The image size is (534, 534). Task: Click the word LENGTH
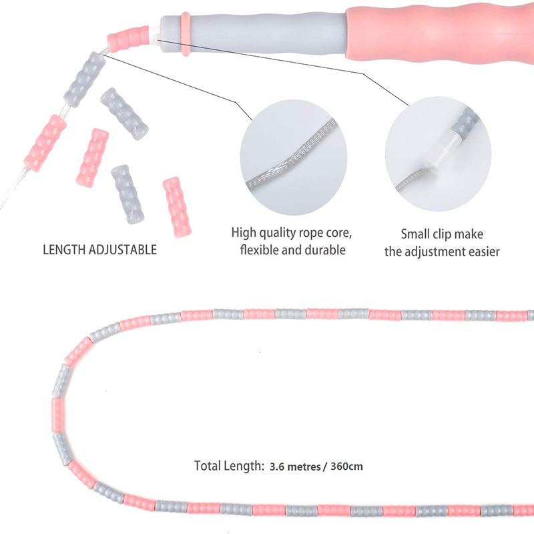(65, 250)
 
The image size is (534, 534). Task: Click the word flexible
(258, 250)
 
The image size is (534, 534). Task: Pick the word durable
(326, 250)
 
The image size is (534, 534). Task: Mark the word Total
(208, 466)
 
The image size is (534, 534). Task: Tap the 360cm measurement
(346, 466)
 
